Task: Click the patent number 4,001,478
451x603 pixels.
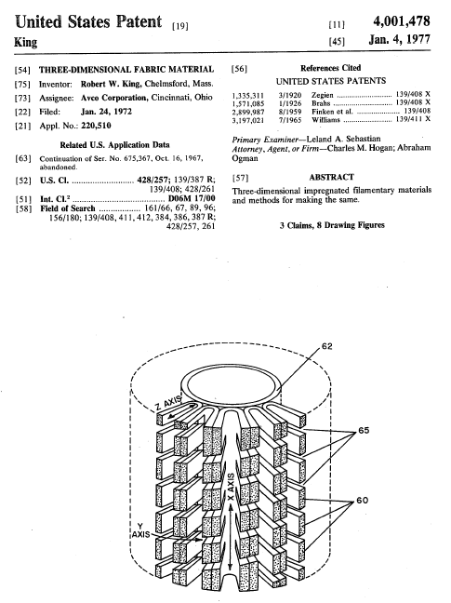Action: click(402, 21)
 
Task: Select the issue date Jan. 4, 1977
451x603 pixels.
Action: click(400, 40)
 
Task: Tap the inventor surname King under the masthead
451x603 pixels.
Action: click(26, 42)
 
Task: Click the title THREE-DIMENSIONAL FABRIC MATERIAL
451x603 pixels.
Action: click(126, 70)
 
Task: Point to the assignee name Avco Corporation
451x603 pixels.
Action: click(114, 98)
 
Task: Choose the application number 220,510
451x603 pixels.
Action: click(96, 126)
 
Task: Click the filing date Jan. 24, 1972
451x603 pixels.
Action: click(106, 112)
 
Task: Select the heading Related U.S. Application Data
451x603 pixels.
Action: click(114, 145)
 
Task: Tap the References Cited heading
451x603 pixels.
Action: click(330, 68)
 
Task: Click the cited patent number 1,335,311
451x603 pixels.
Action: click(248, 95)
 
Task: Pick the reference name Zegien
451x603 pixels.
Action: click(323, 95)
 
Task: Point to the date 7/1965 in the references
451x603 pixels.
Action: click(290, 120)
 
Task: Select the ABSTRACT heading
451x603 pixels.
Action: click(332, 178)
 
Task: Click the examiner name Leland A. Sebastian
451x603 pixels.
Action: click(343, 139)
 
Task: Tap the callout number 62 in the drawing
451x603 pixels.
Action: click(327, 346)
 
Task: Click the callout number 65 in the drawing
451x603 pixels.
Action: click(364, 430)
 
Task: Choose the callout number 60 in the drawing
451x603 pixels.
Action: click(363, 501)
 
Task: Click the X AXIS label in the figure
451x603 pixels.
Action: click(231, 487)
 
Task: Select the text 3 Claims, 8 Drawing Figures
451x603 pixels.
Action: click(332, 225)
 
